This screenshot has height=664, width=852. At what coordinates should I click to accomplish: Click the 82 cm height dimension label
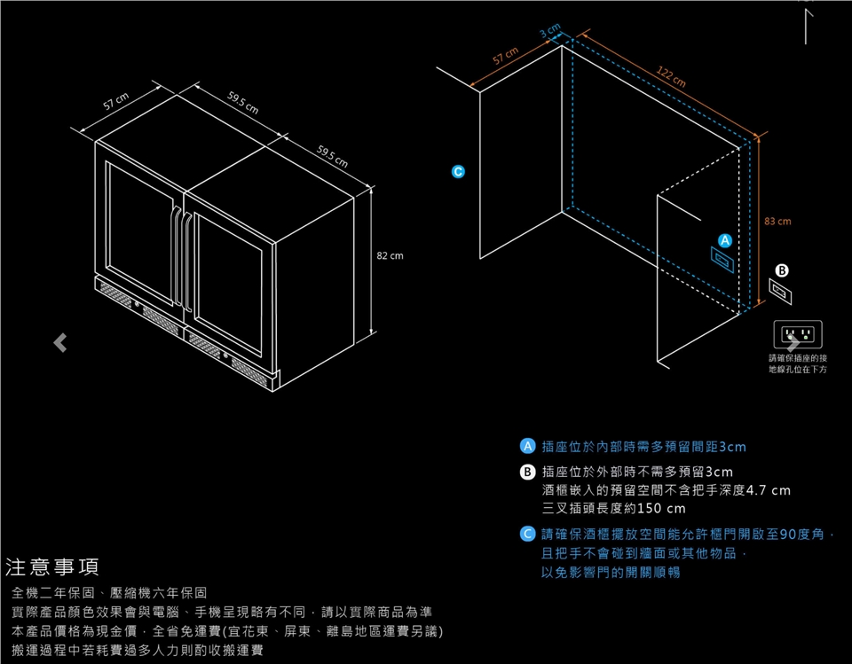pos(390,255)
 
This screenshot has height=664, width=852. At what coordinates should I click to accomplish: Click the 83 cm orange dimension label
pos(777,222)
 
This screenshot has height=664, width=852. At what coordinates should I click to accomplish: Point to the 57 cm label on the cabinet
pos(116,104)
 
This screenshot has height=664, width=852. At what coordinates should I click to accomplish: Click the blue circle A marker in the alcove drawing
pos(724,240)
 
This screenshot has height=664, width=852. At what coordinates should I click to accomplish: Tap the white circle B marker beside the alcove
pos(782,270)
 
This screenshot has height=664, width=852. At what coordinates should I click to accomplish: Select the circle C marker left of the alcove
pos(458,170)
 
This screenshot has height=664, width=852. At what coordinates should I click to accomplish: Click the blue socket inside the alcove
pos(721,259)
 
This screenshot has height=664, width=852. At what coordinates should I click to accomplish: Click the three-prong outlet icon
pos(797,335)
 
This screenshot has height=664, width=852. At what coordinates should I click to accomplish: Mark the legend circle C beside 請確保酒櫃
pos(527,535)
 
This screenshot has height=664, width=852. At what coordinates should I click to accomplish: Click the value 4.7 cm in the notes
pos(768,490)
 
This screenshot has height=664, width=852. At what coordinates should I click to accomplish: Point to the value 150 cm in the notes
pos(661,509)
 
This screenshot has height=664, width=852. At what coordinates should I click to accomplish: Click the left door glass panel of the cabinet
pos(140,232)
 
